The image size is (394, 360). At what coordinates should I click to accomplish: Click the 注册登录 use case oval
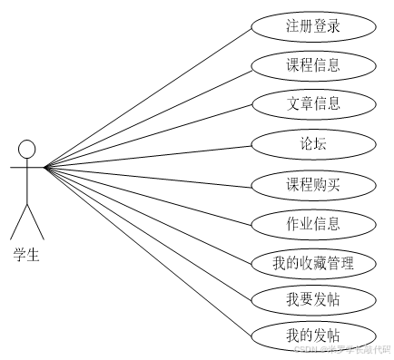click(312, 26)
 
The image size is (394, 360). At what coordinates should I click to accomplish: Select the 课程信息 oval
click(312, 65)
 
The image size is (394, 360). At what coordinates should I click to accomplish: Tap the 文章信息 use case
click(312, 103)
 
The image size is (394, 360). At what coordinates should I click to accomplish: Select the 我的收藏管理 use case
click(312, 263)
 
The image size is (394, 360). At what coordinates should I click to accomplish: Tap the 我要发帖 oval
click(312, 298)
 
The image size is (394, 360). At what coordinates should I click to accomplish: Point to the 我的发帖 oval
click(312, 336)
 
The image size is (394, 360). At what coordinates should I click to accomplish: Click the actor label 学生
click(26, 255)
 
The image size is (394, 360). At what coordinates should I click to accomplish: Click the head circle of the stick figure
click(26, 148)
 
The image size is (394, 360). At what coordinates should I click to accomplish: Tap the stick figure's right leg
click(35, 221)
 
